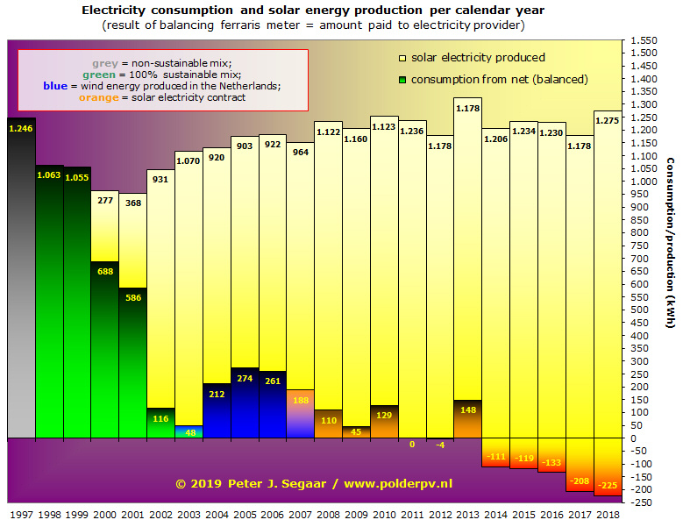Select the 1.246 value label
tap(21, 129)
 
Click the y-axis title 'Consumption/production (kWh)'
tap(671, 243)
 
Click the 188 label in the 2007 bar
tap(301, 400)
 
